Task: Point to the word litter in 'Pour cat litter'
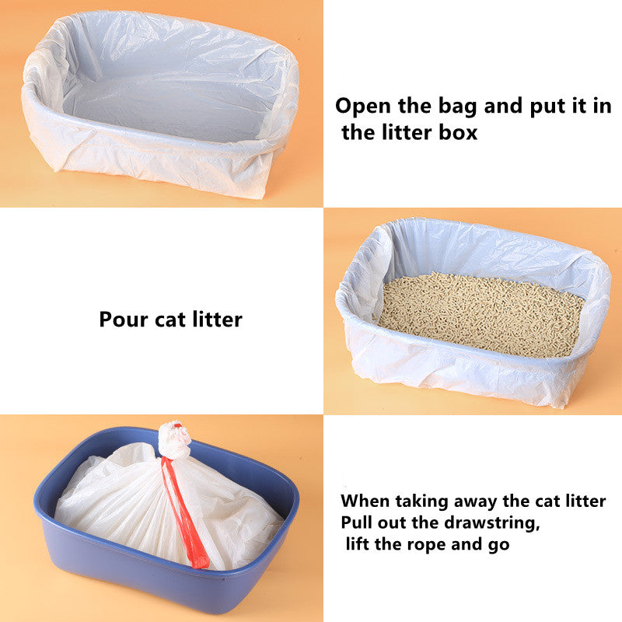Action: point(215,320)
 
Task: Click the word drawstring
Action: point(457,522)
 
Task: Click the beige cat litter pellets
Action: point(482,311)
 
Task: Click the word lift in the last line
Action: point(358,543)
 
